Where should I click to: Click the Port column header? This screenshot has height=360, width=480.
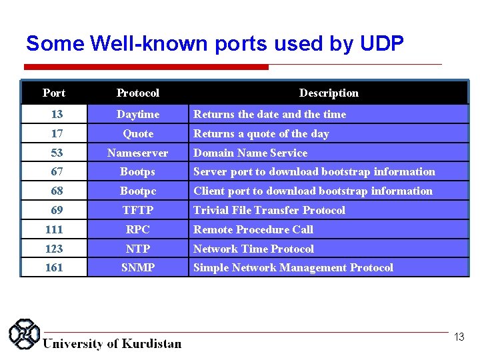pos(54,93)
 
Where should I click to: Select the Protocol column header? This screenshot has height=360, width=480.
pos(138,93)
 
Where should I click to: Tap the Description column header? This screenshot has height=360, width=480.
pos(329,93)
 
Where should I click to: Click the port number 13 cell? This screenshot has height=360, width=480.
pos(57,115)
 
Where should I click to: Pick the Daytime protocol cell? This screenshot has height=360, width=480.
pos(138,115)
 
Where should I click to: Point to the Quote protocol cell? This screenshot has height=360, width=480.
pos(138,134)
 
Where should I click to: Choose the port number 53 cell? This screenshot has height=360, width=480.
pos(57,153)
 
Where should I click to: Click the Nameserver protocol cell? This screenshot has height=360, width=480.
pos(138,153)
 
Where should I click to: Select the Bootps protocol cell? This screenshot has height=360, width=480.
pos(138,172)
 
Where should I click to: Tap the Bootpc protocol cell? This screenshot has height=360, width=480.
pos(138,191)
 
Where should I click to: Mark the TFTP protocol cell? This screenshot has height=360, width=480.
pos(138,211)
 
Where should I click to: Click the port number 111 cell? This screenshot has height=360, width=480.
pos(54,230)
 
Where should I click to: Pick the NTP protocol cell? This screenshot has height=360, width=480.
pos(138,249)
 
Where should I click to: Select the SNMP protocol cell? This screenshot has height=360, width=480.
pos(138,268)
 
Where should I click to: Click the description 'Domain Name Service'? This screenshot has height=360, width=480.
pos(251,153)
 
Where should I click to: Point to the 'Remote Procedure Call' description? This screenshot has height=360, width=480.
pos(253,230)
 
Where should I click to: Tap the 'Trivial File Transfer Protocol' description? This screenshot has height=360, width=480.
pos(269,211)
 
